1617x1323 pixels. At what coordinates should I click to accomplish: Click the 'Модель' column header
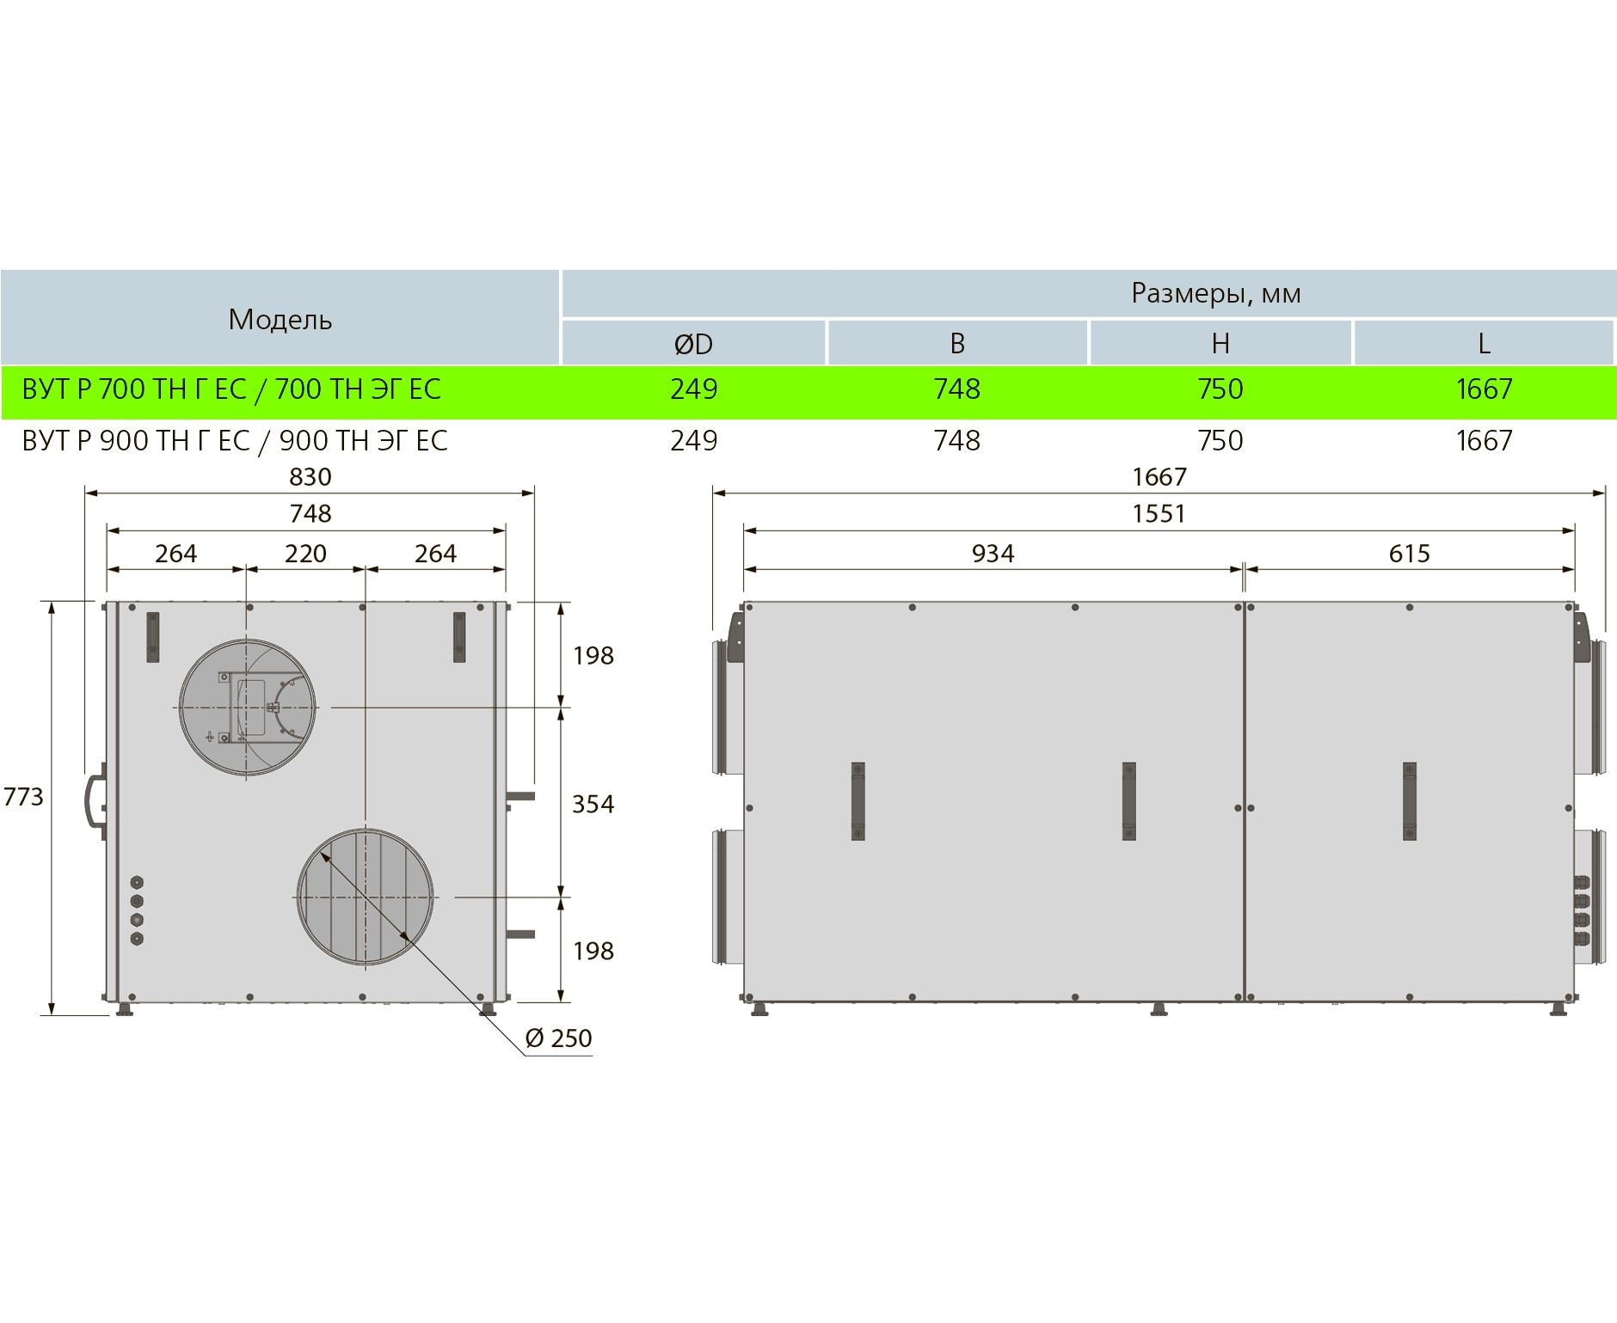tap(280, 320)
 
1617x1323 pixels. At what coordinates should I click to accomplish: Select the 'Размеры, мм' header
tap(1215, 294)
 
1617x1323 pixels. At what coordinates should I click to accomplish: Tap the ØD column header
tap(693, 344)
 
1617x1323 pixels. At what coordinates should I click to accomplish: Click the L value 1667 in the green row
tap(1484, 389)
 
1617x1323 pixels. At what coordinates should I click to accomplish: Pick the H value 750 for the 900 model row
tap(1220, 441)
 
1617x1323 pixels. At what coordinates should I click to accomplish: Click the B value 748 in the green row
tap(956, 389)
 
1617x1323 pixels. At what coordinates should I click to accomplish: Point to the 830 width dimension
tap(310, 477)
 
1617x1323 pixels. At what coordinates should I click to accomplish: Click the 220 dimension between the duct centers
tap(305, 554)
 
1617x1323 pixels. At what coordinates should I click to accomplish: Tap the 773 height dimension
tap(23, 798)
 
